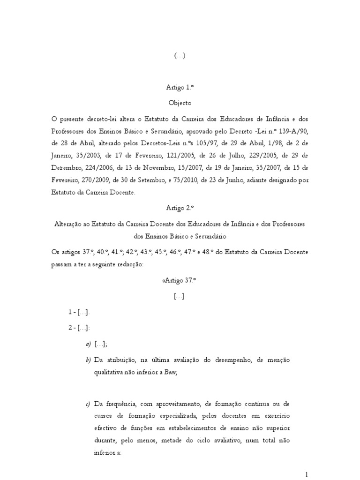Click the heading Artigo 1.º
[180, 87]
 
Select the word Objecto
[180, 102]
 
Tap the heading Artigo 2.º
[180, 208]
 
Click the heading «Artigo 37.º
[179, 280]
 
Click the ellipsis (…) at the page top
[180, 55]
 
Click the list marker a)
[88, 345]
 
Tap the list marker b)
[88, 360]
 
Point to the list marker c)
[88, 404]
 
